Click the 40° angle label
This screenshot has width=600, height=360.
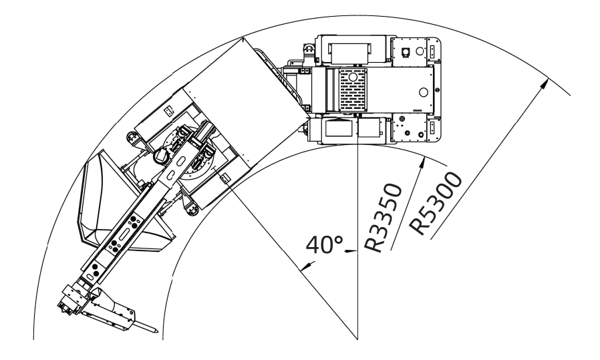tap(325, 244)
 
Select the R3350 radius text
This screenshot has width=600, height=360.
tap(384, 218)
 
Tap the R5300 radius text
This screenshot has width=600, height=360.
tap(436, 203)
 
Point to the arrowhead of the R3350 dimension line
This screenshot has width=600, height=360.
tap(422, 163)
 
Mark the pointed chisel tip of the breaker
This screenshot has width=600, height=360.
tap(156, 331)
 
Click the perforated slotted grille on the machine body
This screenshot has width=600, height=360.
tap(353, 90)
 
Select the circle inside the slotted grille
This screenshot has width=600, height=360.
tap(353, 77)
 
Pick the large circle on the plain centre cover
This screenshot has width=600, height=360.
tap(423, 92)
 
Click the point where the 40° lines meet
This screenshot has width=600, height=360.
tap(357, 339)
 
